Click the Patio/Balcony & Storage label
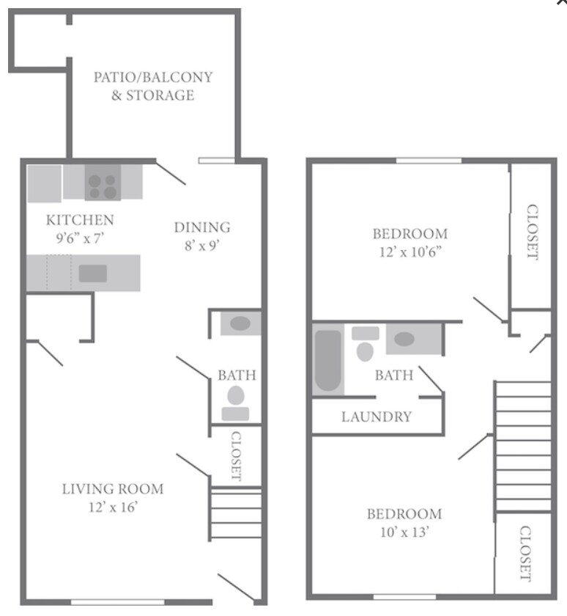(x=152, y=86)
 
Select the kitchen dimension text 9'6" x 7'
(x=80, y=238)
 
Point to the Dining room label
(x=201, y=227)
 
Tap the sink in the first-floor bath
(x=240, y=323)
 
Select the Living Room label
(x=112, y=489)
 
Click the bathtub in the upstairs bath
(x=327, y=362)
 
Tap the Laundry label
(x=377, y=417)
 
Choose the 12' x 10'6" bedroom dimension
(x=409, y=253)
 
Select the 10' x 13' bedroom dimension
(x=404, y=532)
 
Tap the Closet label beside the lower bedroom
(x=525, y=553)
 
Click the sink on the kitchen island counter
(x=93, y=273)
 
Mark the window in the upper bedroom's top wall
(x=429, y=161)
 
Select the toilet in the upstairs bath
(x=365, y=347)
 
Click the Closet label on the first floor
(x=236, y=455)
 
